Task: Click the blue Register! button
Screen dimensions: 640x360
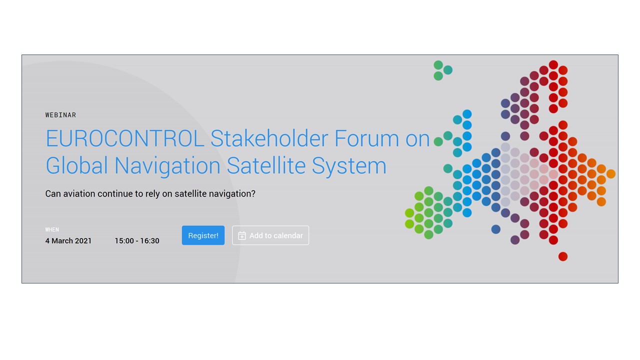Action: click(203, 235)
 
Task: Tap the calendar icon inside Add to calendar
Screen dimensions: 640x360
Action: click(242, 235)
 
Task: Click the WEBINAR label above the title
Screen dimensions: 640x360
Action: click(60, 115)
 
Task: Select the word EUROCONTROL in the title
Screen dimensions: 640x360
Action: click(125, 138)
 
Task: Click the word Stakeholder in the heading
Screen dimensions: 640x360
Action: click(269, 138)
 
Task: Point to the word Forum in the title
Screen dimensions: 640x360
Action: click(366, 138)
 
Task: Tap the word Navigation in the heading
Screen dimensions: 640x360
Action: click(167, 165)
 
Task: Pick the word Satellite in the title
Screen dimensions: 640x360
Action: click(266, 165)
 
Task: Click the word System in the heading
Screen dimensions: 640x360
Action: click(349, 165)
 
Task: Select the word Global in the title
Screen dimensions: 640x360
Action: click(76, 165)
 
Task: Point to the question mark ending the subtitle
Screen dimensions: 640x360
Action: click(253, 193)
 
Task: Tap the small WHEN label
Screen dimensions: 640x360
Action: click(52, 229)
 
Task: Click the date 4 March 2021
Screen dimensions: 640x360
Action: click(68, 241)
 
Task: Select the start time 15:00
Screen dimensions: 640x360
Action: click(124, 241)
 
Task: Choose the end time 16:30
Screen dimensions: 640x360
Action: click(149, 241)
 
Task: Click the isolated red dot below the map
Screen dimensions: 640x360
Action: click(563, 256)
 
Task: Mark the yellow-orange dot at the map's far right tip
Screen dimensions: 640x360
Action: click(611, 173)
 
